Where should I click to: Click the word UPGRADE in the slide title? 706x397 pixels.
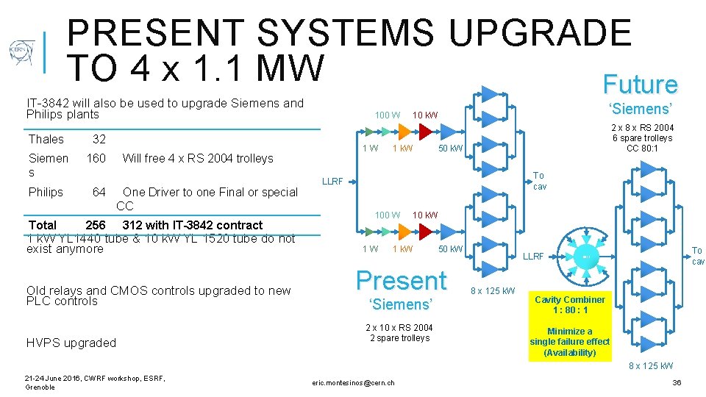pos(541,34)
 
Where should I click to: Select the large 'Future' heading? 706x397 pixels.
pos(640,85)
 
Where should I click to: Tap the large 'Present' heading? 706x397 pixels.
pos(401,280)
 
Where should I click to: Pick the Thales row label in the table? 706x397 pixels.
pos(46,139)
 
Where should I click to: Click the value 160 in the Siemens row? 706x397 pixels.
pos(96,158)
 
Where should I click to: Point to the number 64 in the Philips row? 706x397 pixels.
pos(99,192)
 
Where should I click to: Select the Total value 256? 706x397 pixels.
pos(96,225)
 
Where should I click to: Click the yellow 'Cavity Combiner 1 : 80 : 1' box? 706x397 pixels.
pos(569,304)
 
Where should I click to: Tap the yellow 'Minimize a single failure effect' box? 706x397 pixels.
pos(569,342)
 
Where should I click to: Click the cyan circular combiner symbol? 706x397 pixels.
pos(583,255)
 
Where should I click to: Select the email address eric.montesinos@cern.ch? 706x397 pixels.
pos(353,382)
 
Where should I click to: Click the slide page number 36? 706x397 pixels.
pos(677,383)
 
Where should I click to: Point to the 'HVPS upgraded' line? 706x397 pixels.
pos(71,343)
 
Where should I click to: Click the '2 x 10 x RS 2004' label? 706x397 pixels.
pos(399,328)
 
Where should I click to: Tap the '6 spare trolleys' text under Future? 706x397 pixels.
pos(643,138)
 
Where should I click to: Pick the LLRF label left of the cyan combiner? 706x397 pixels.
pos(533,257)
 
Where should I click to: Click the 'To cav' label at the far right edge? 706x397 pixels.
pos(696,256)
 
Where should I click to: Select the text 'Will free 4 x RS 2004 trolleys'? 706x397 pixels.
pos(197,158)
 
